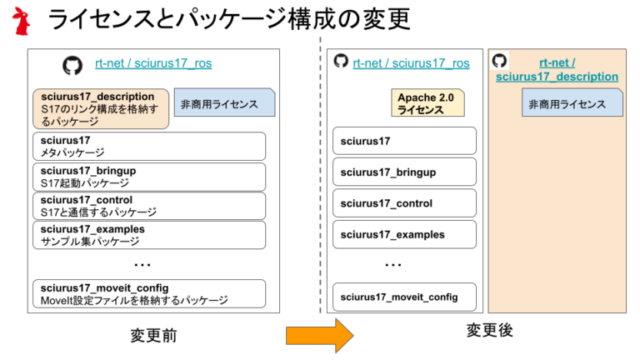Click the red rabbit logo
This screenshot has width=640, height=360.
[21, 21]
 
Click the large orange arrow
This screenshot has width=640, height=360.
[320, 336]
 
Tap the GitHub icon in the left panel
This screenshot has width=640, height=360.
[72, 65]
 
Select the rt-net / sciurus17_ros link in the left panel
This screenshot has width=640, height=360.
[153, 63]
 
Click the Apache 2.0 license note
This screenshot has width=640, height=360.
[427, 102]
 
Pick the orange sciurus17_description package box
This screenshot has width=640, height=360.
[101, 109]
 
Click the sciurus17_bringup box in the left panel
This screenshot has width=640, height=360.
[149, 177]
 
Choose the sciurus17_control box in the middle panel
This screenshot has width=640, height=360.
[404, 202]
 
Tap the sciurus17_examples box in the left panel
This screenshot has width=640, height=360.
[149, 235]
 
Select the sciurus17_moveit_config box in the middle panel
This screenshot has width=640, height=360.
[404, 297]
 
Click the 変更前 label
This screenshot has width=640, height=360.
[154, 336]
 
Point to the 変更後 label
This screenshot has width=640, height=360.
[490, 330]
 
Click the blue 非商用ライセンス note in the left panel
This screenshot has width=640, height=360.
[224, 102]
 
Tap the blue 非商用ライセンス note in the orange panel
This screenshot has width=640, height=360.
[572, 102]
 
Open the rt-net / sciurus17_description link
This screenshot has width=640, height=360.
[557, 70]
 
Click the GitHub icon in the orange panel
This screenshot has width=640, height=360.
[500, 61]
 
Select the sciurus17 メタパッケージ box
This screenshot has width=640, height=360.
[149, 146]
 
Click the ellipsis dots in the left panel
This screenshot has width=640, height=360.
[142, 265]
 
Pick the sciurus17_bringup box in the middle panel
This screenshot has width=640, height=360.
[404, 172]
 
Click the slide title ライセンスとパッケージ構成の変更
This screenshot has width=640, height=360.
[229, 19]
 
